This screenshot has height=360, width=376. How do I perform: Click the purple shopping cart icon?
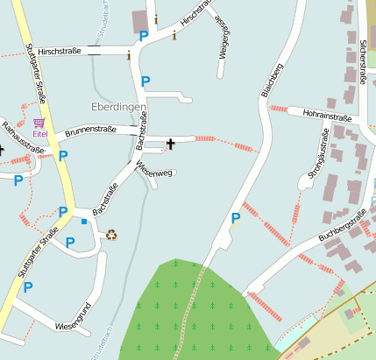coord(39,124)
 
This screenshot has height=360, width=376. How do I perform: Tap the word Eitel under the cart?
coord(40,134)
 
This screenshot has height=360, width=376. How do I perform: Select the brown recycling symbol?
coord(111,235)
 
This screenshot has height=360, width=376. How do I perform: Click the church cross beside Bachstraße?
coord(170,142)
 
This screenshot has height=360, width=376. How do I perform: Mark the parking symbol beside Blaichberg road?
coord(235,218)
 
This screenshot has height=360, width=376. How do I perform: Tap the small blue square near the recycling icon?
coord(84,222)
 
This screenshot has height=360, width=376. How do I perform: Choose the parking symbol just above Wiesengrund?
coord(28,286)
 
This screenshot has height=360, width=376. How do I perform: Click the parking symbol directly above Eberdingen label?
coord(145,81)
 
